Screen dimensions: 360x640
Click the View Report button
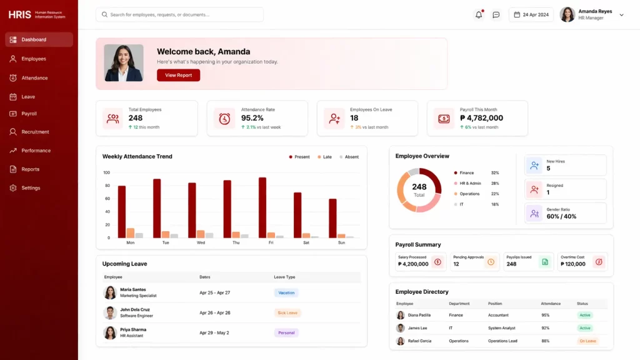click(x=178, y=75)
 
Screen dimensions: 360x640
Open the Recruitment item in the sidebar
click(x=35, y=132)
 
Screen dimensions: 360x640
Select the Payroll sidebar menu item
click(x=29, y=114)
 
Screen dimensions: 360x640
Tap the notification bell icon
click(x=479, y=14)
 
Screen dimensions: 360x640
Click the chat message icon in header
click(x=496, y=14)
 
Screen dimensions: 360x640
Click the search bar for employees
click(x=179, y=14)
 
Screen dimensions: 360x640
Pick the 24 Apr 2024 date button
click(x=531, y=14)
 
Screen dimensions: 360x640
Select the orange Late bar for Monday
click(x=131, y=233)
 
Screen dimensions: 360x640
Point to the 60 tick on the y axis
click(x=106, y=199)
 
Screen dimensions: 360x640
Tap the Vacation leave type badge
click(x=286, y=292)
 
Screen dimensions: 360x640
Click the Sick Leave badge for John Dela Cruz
click(x=287, y=312)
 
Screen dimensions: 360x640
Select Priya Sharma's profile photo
click(x=110, y=332)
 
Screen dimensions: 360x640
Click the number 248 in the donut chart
click(x=419, y=187)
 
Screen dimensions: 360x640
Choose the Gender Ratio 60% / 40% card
click(x=566, y=213)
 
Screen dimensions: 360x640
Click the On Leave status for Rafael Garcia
click(x=587, y=341)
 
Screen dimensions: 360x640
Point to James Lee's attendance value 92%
click(x=545, y=328)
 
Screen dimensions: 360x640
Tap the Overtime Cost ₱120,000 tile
click(x=582, y=261)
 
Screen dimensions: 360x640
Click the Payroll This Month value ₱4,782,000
click(x=481, y=118)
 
